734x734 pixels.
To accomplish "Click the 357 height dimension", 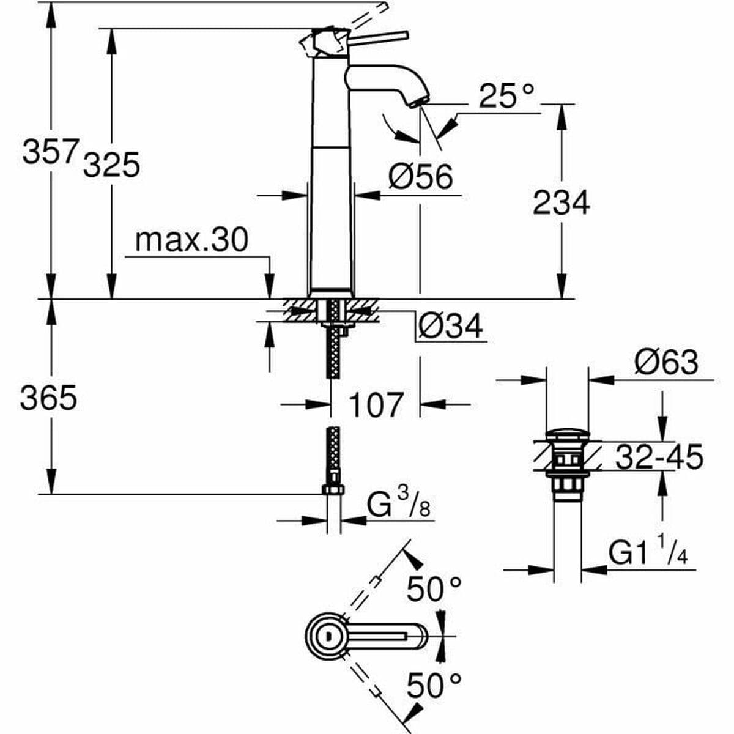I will pos(51,151).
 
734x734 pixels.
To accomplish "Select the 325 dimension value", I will pos(112,165).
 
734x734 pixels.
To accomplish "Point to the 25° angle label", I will pos(506,96).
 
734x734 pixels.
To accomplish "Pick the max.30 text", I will pos(191,240).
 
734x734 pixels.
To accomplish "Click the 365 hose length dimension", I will pos(48,399).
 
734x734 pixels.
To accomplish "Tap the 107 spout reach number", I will pos(376,404).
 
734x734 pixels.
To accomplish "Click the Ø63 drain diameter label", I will pos(665,363).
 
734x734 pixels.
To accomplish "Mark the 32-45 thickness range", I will pos(659,456).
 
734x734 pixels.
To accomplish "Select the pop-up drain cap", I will pos(567,435).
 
